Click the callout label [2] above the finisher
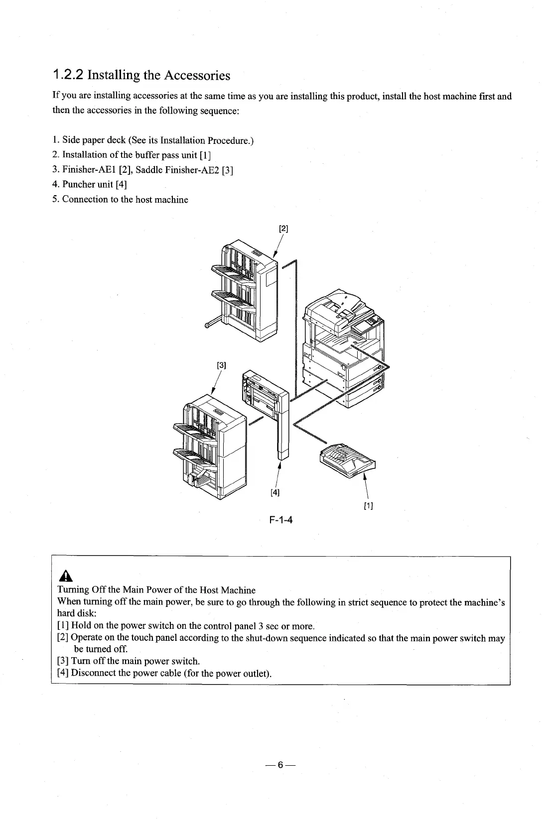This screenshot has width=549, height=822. pyautogui.click(x=283, y=229)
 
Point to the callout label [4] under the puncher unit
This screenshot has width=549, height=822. pyautogui.click(x=274, y=493)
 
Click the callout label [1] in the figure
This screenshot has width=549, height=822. pyautogui.click(x=369, y=507)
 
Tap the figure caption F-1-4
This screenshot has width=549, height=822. pyautogui.click(x=280, y=520)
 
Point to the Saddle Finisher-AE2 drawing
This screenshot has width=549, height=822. pyautogui.click(x=209, y=443)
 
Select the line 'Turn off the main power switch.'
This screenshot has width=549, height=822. pyautogui.click(x=136, y=661)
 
